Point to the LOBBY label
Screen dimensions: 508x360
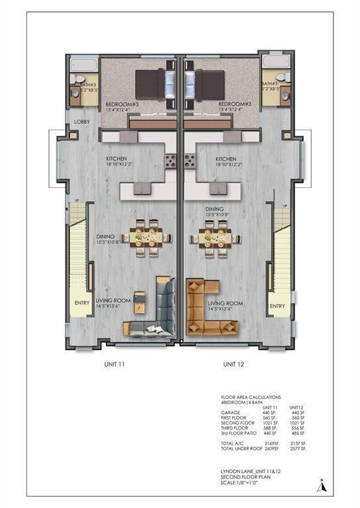[82, 122]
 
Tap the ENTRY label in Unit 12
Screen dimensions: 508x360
[277, 306]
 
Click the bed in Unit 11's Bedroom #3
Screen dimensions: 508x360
[156, 85]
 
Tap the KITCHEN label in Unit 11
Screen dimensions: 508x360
[117, 159]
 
